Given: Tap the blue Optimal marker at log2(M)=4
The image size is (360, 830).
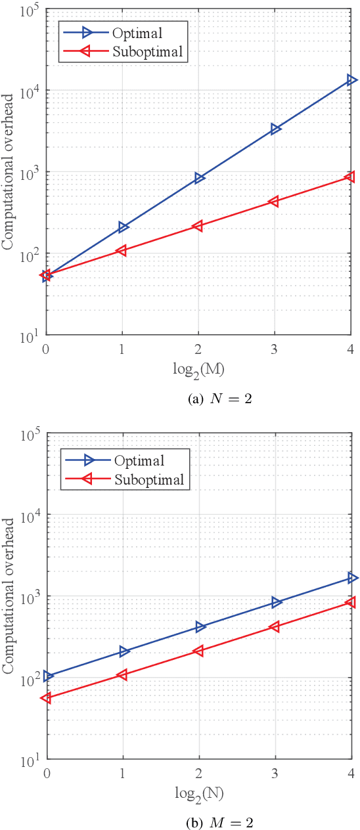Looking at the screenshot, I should [351, 80].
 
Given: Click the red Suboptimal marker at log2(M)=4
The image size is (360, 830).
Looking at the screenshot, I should [350, 177].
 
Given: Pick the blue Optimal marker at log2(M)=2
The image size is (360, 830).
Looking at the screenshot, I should [199, 178].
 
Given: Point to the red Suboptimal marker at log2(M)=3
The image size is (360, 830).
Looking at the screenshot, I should [274, 202].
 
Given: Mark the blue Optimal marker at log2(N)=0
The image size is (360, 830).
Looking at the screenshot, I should [48, 676].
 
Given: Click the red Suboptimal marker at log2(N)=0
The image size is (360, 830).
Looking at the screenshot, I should [46, 698].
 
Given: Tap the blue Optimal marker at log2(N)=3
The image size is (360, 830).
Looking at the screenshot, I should [275, 602].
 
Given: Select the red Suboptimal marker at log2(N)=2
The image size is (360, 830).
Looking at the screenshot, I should [198, 651].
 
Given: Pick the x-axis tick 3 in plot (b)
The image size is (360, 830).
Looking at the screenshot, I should [275, 774].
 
